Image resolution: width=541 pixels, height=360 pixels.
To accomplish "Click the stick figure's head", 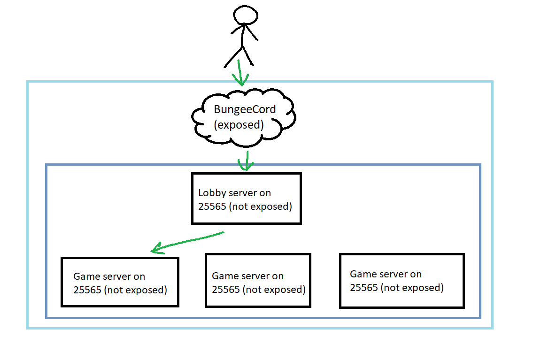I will coord(246,15).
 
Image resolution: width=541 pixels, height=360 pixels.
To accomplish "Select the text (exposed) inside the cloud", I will coord(239,125).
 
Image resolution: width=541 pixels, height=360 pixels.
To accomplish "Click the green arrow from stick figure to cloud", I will coord(241,73).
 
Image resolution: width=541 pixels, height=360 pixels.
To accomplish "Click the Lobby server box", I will coord(246,198).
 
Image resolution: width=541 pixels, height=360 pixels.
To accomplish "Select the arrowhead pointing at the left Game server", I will coord(157,249).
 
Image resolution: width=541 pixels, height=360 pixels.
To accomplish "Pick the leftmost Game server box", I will coord(120,282).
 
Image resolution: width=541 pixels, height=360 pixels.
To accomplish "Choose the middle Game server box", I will coord(258,281).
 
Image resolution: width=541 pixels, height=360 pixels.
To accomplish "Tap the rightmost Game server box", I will coord(402,281).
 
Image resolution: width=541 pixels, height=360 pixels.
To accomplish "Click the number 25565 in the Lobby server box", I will coord(212,207).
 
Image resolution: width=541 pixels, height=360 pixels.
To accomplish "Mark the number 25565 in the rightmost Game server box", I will coord(363,287).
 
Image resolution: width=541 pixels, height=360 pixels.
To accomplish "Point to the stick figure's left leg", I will coord(232,58).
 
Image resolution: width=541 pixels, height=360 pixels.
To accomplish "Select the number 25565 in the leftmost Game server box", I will coord(87,290).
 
